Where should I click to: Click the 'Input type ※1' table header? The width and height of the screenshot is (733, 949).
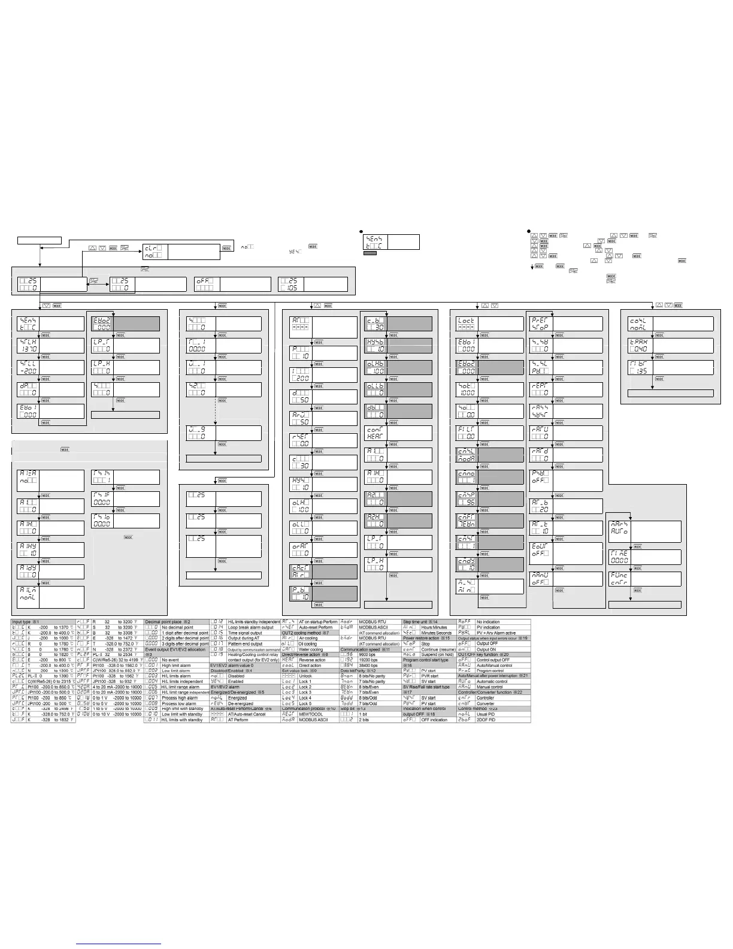(26, 622)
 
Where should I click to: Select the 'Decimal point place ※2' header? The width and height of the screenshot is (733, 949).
(168, 622)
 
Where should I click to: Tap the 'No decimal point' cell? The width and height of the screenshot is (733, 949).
(177, 627)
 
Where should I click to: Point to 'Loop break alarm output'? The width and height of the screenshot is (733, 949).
(250, 627)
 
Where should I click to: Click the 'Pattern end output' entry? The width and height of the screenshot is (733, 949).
(245, 644)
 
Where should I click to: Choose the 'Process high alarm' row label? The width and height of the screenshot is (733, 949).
(180, 698)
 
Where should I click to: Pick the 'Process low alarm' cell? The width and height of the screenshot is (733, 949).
(180, 703)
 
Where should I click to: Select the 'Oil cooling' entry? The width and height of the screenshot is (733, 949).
(308, 644)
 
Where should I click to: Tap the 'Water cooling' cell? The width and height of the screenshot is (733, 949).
(310, 649)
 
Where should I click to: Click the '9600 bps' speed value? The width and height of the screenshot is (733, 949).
(367, 655)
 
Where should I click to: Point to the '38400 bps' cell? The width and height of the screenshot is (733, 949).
(368, 666)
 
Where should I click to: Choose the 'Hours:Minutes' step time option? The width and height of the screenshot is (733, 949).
(434, 627)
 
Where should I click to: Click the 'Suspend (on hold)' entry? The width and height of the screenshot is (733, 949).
(437, 655)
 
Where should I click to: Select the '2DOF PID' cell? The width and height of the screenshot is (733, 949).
(486, 720)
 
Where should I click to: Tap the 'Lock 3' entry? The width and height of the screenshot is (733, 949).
(305, 693)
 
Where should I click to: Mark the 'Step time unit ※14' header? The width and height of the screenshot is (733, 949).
(420, 622)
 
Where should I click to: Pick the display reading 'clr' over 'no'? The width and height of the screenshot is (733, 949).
(155, 252)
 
